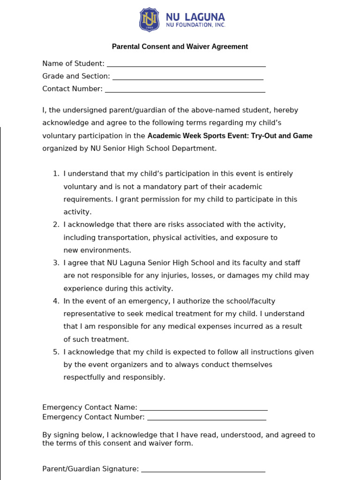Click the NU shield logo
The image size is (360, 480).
[149, 20]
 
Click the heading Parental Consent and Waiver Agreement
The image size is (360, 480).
[180, 46]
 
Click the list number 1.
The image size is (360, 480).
[56, 174]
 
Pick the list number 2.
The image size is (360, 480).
[56, 225]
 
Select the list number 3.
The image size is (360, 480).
[56, 263]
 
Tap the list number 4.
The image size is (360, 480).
[56, 301]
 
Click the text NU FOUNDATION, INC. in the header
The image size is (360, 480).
[195, 25]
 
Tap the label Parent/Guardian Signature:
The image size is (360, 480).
[90, 469]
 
